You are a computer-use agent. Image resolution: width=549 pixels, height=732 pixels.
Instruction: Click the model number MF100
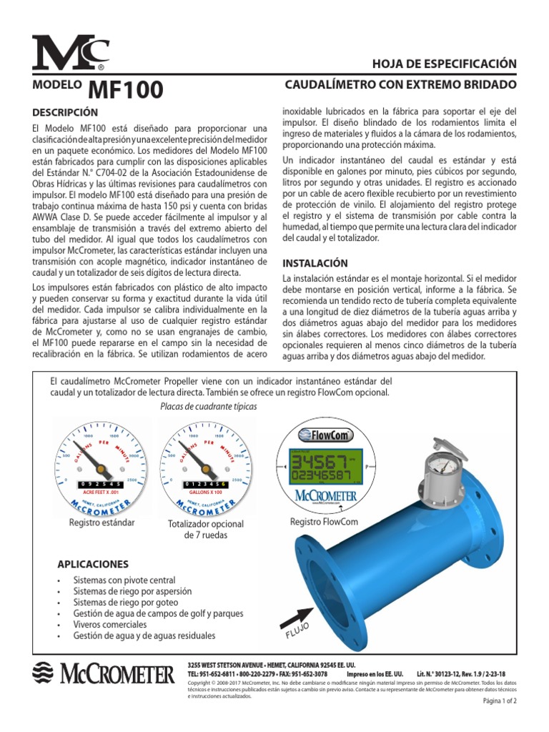pos(126,90)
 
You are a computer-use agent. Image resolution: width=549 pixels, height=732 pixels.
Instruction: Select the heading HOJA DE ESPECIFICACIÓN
pos(444,64)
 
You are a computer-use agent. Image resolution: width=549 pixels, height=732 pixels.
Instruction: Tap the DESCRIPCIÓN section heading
pos(65,113)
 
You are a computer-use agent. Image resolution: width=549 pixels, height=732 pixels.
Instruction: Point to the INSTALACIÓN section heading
pos(315,263)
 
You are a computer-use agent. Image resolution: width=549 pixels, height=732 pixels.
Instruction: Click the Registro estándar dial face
pos(102,465)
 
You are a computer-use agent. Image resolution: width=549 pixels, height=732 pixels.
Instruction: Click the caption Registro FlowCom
pos(325,523)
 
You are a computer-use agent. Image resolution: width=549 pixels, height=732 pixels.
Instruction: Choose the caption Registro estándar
pos(102,523)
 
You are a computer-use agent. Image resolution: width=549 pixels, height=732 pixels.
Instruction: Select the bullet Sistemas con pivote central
pos(124,580)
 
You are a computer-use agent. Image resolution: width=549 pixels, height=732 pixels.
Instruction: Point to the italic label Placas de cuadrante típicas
pos(209,406)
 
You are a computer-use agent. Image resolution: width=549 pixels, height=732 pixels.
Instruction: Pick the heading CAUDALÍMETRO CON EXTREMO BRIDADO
pos(400,85)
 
